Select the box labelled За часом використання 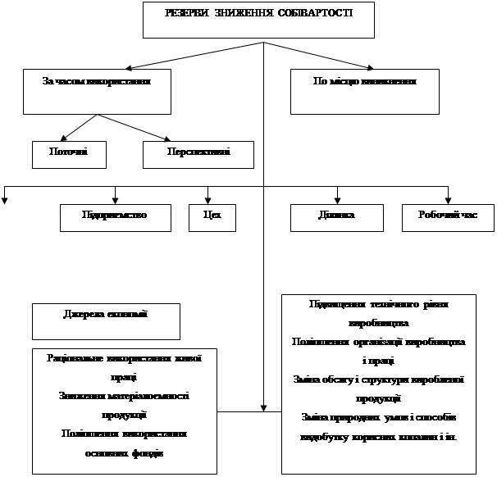point(97,90)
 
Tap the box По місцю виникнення point(366,90)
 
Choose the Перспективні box point(198,153)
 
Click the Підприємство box point(115,216)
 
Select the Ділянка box point(336,216)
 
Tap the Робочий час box point(448,216)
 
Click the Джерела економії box point(105,320)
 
